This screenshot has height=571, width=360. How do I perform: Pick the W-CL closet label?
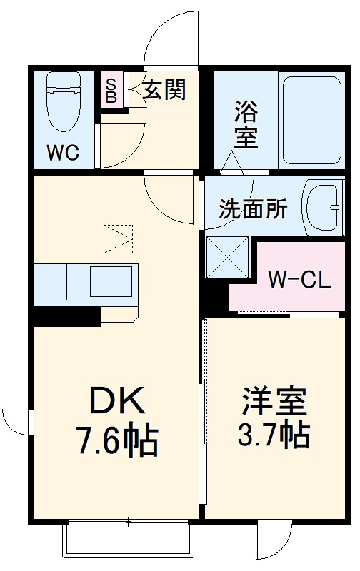click(x=299, y=279)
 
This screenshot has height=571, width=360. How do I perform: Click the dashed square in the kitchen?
click(x=118, y=238)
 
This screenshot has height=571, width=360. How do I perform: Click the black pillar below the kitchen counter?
click(x=64, y=315)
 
